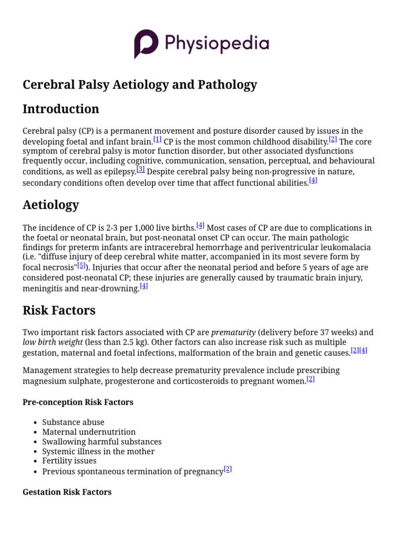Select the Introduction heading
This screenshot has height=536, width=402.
(x=61, y=109)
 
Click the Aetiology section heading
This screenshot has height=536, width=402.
(x=51, y=205)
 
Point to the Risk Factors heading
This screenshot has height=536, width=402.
(x=59, y=310)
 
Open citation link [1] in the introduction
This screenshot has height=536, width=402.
(x=157, y=140)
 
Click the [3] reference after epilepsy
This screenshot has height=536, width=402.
(x=141, y=169)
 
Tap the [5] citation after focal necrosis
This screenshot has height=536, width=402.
(x=81, y=265)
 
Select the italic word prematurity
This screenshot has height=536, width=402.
(x=233, y=332)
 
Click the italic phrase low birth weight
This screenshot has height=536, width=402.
(x=52, y=342)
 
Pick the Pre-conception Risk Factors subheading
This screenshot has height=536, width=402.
(x=78, y=402)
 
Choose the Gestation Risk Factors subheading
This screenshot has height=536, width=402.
(x=67, y=492)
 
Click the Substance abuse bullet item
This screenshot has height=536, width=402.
(x=73, y=422)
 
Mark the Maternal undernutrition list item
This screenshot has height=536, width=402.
(x=89, y=432)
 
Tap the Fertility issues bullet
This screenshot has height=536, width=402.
(x=69, y=461)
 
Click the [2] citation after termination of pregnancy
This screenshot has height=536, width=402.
(x=228, y=469)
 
